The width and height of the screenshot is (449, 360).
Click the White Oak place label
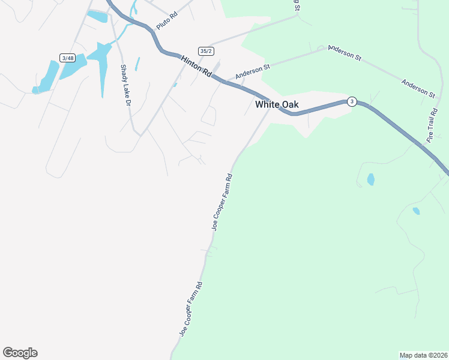pos(277,104)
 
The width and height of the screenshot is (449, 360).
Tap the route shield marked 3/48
pos(67,58)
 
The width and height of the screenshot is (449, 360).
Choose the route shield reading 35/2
pos(206,51)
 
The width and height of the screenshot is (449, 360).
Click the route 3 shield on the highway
pos(352,101)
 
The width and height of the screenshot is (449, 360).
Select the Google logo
pos(20,353)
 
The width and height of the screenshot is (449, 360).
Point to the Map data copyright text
pos(423,355)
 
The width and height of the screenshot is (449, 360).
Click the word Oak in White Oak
pos(289,104)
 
